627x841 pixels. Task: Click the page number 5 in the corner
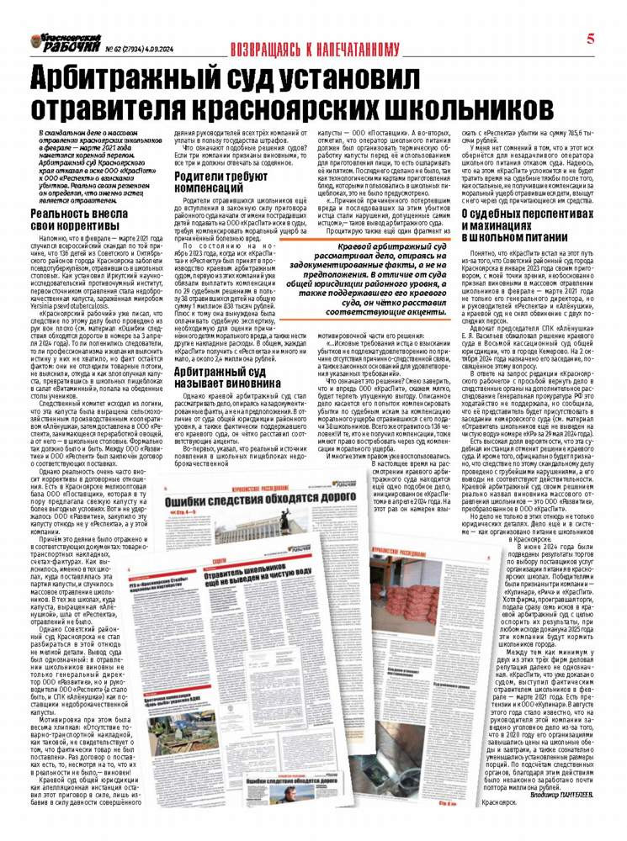(592, 38)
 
